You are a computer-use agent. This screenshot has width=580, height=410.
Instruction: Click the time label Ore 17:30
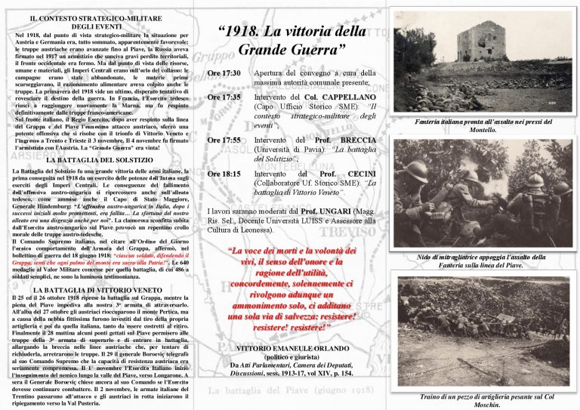(x=223, y=73)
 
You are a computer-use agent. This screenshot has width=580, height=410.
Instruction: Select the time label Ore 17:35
(x=223, y=97)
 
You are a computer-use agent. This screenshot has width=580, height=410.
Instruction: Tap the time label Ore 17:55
(x=223, y=140)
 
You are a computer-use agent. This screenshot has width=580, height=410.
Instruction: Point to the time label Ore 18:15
(x=223, y=174)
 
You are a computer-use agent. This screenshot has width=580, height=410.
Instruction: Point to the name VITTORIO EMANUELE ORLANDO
(x=292, y=352)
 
